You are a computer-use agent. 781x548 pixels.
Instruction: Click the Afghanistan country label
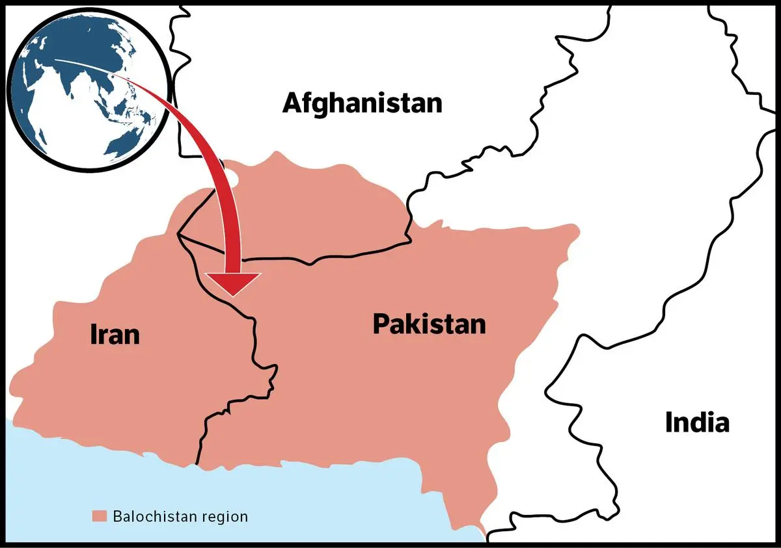coord(362,103)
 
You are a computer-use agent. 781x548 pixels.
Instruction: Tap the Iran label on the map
coord(114,335)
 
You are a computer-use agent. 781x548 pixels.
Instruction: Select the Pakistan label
coord(429,324)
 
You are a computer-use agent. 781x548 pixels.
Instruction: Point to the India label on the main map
coord(696,423)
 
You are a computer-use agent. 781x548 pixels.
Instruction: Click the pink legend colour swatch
coord(99,517)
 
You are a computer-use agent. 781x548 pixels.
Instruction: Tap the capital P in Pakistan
coord(381,324)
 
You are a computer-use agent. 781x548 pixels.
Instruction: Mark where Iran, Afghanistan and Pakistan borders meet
coord(178,234)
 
